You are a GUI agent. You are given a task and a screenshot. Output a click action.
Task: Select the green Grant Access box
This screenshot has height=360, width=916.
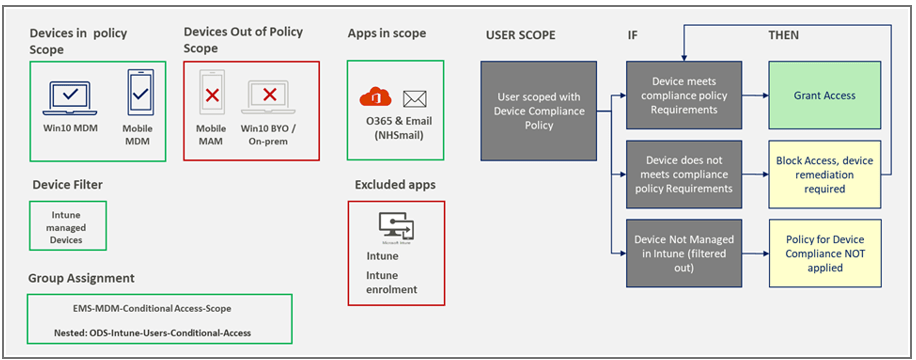click(824, 95)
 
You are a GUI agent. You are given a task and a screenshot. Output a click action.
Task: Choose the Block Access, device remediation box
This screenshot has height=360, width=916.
click(824, 174)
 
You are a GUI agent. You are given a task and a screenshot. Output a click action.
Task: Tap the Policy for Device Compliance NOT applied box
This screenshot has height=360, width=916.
click(824, 253)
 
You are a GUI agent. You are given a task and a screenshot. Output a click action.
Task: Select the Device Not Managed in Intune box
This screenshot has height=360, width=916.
click(684, 253)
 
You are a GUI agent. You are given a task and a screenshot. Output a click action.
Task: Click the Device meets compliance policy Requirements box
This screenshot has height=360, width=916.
click(684, 95)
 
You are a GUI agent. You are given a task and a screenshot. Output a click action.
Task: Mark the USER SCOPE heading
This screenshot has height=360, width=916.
click(520, 35)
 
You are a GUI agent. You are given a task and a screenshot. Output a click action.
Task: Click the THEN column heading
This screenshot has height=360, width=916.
click(782, 35)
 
